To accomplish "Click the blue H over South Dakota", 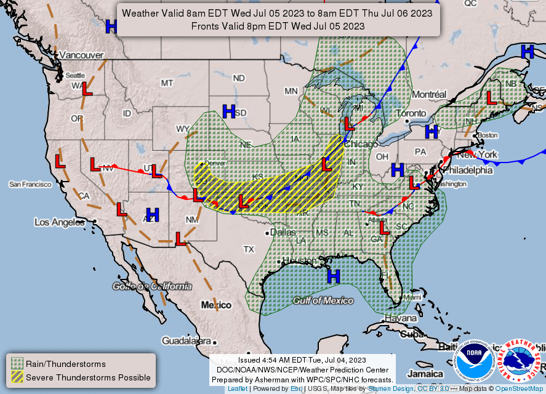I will point(229,111).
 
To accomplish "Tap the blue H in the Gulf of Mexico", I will point(334,276).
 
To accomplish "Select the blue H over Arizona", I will point(153,215).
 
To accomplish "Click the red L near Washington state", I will point(87,89).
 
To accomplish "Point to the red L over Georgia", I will point(385,228).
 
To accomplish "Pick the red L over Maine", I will point(491,97).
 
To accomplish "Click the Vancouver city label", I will point(81,55).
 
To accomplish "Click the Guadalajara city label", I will point(187,340).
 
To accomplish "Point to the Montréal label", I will point(428,94).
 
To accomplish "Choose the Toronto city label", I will point(411,113).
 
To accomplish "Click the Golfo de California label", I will point(151,286).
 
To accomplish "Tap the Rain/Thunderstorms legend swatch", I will point(17,364).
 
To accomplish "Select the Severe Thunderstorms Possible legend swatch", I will point(17,377).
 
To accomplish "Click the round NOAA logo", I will point(475,362).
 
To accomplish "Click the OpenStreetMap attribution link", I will point(520,388).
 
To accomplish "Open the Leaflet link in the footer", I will point(238,388).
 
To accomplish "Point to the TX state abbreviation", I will point(249,249).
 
